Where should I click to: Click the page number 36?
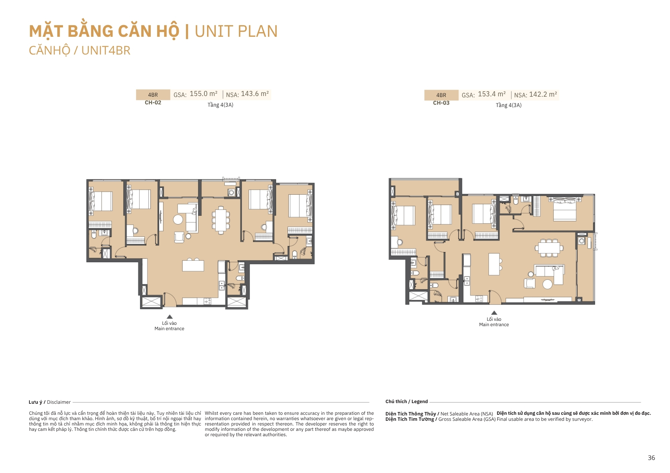click(651, 458)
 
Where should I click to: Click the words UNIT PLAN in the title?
click(236, 31)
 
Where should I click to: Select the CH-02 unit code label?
click(153, 103)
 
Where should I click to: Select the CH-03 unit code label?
click(441, 103)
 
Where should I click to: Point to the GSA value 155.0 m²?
click(204, 94)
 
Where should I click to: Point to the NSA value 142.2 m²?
click(543, 94)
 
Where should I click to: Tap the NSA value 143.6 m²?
click(255, 94)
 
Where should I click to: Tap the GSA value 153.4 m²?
click(492, 94)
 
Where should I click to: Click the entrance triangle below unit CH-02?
click(170, 316)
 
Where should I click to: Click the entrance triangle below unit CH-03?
click(494, 313)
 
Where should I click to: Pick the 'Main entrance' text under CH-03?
click(494, 324)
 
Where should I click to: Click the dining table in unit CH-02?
click(221, 220)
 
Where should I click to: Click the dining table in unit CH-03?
click(549, 248)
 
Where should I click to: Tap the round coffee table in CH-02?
click(178, 219)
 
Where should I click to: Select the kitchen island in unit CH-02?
click(193, 266)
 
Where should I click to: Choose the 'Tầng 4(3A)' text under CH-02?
click(220, 105)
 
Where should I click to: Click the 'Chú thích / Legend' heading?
click(407, 401)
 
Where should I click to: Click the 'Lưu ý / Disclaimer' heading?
click(50, 402)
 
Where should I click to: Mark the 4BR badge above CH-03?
click(441, 95)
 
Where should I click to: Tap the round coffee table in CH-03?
click(547, 284)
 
